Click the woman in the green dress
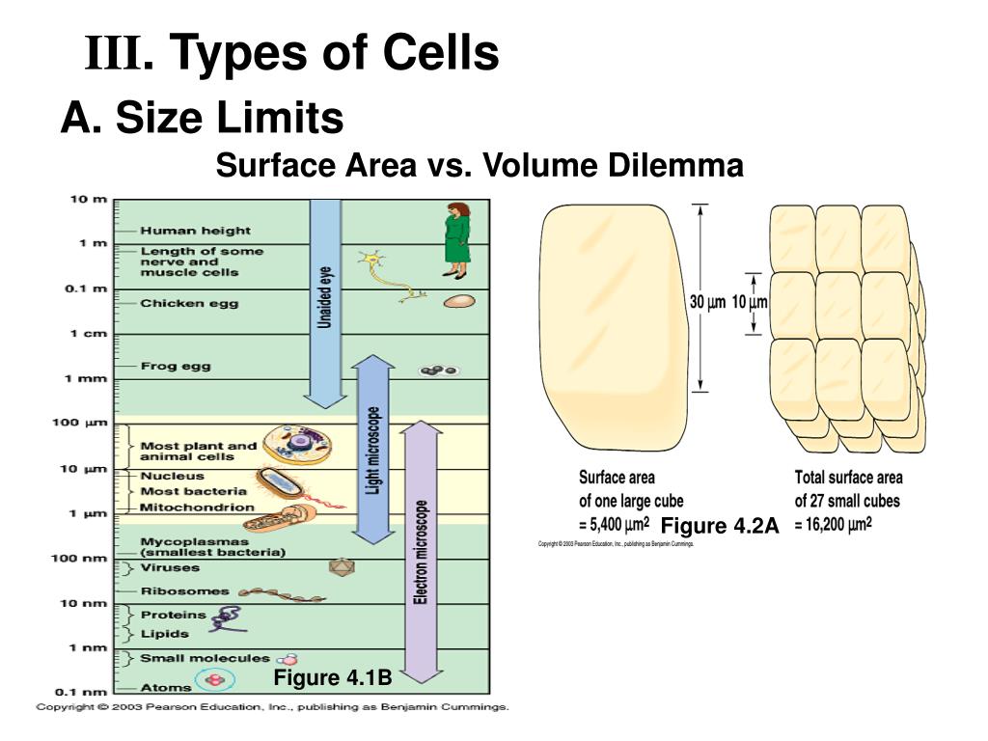pos(456,235)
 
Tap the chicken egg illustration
pos(458,301)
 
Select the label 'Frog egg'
pos(176,366)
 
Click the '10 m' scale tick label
pos(88,200)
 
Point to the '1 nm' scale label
pos(88,647)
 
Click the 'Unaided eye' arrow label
pos(326,297)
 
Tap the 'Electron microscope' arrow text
pos(421,553)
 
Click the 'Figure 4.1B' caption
pos(332,678)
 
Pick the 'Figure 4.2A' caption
pos(719,526)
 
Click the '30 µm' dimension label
pos(707,302)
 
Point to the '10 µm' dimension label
pos(750,302)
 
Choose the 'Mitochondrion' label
pos(197,507)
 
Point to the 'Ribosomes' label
pos(185,590)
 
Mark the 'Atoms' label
pos(166,687)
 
